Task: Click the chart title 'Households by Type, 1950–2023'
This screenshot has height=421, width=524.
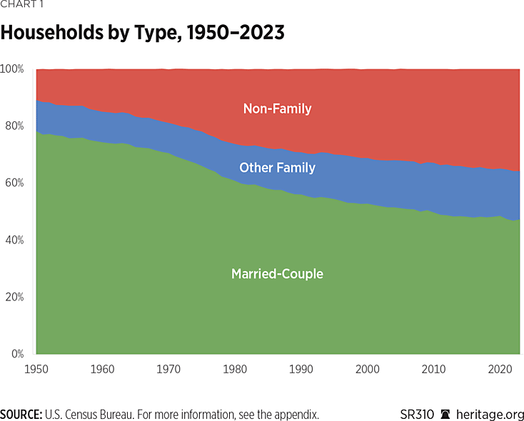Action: pyautogui.click(x=143, y=33)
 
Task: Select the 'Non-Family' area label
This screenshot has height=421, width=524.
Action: pyautogui.click(x=277, y=108)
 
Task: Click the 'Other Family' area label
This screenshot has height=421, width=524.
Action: pyautogui.click(x=277, y=168)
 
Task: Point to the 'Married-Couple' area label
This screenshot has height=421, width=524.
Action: pyautogui.click(x=277, y=273)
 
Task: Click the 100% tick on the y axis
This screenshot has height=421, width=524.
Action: pyautogui.click(x=12, y=69)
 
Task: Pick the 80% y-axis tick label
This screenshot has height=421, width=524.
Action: pyautogui.click(x=14, y=126)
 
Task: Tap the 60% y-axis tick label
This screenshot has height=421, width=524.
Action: pyautogui.click(x=14, y=183)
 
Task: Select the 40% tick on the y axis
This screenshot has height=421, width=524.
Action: pyautogui.click(x=14, y=240)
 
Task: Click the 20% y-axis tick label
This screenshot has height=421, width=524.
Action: pyautogui.click(x=14, y=297)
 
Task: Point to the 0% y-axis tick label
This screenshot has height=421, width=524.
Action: pyautogui.click(x=17, y=353)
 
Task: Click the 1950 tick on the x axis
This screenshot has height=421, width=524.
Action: pyautogui.click(x=36, y=369)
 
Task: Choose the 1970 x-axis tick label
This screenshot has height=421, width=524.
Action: pyautogui.click(x=167, y=369)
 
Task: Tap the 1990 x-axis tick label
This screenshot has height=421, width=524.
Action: pyautogui.click(x=301, y=369)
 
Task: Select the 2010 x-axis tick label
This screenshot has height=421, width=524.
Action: pyautogui.click(x=433, y=369)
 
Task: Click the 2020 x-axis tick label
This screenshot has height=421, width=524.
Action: pyautogui.click(x=498, y=369)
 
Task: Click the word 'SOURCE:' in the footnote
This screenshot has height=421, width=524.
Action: pyautogui.click(x=21, y=414)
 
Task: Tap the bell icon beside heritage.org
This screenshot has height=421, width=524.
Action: pyautogui.click(x=445, y=414)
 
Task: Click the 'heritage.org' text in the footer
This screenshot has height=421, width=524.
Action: pyautogui.click(x=490, y=414)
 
